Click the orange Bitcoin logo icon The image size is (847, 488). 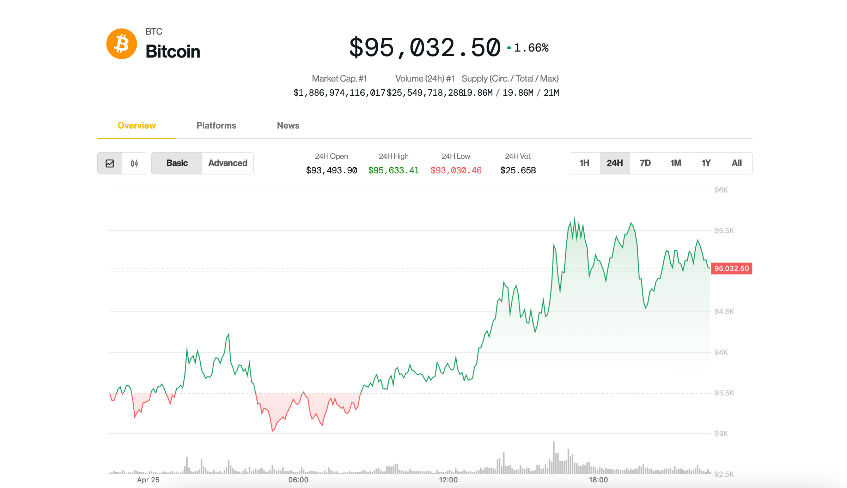pyautogui.click(x=122, y=44)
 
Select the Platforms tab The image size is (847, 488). pyautogui.click(x=216, y=125)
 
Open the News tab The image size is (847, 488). pyautogui.click(x=288, y=125)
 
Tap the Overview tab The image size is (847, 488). pyautogui.click(x=136, y=125)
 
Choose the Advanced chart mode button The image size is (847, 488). pyautogui.click(x=228, y=163)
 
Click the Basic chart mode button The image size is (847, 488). pyautogui.click(x=177, y=163)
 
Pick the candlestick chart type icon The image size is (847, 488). pyautogui.click(x=134, y=163)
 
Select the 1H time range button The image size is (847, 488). pyautogui.click(x=584, y=163)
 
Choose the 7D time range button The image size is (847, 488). pyautogui.click(x=645, y=163)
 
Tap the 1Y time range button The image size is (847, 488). pyautogui.click(x=706, y=163)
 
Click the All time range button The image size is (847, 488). pyautogui.click(x=737, y=163)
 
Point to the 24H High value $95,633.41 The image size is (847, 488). pyautogui.click(x=394, y=171)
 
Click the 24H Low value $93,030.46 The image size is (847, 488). pyautogui.click(x=456, y=171)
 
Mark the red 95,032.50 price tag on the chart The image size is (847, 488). pyautogui.click(x=731, y=268)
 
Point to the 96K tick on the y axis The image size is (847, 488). pyautogui.click(x=721, y=190)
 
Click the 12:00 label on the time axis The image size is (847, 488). pyautogui.click(x=448, y=480)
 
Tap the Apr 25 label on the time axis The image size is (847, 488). pyautogui.click(x=148, y=480)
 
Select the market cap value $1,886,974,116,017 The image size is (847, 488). pyautogui.click(x=339, y=93)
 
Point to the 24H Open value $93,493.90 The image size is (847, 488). pyautogui.click(x=331, y=171)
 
